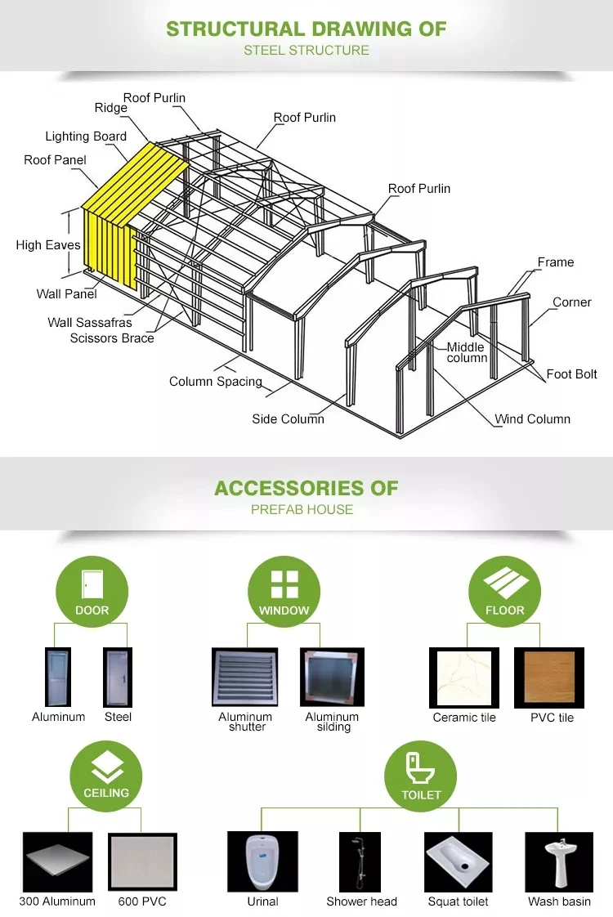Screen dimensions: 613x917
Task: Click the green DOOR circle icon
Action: pos(92,591)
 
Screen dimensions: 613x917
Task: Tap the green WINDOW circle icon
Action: pos(284,591)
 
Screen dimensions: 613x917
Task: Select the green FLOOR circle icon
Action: pos(505,591)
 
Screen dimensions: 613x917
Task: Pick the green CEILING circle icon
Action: pos(106,776)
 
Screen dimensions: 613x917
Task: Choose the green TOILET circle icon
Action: pos(421,776)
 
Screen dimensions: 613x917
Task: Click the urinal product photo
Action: pos(262,861)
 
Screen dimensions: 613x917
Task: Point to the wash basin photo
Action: pos(559,861)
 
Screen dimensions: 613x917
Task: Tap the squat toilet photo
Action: pos(458,861)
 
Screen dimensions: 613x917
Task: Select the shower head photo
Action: pos(360,861)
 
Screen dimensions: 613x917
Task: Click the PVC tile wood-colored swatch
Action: pos(549,678)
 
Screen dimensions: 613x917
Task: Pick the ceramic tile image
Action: pos(464,678)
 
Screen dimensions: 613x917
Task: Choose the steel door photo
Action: pos(118,678)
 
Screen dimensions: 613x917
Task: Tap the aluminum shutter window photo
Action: pos(244,677)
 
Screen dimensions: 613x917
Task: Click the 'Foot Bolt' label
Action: pos(571,374)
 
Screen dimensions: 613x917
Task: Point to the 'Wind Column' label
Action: pos(532,418)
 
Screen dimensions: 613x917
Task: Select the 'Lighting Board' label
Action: pos(86,136)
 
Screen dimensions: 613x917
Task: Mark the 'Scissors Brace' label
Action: pos(112,338)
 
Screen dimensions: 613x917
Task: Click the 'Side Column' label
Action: pos(288,418)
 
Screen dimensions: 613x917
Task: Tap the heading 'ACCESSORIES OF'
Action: pos(306,488)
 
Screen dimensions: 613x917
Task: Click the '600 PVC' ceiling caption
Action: pos(142,901)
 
